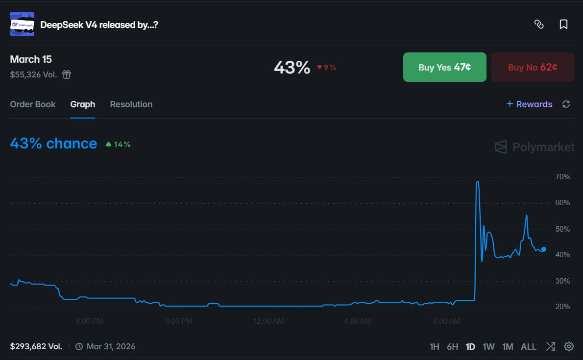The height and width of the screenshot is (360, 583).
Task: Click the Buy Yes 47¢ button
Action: coord(444,67)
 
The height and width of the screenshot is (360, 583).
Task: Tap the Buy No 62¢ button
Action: coord(533,67)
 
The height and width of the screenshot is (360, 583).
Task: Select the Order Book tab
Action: coord(33,104)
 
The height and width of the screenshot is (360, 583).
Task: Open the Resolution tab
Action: coord(131,104)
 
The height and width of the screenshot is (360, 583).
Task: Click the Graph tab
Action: coord(82,104)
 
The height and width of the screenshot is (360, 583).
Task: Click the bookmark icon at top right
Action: coord(563,24)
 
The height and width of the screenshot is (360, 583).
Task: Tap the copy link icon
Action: coord(539,24)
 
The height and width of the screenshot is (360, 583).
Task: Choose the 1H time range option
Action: coord(434,347)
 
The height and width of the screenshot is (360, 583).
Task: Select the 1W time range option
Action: coord(488,347)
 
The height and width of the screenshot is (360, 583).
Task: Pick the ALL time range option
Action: coord(528,347)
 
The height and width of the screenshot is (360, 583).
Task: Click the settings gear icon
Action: coord(569,347)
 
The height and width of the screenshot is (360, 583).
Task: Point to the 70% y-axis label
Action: coord(562,177)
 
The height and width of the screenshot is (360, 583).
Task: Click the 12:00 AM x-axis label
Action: coord(268,321)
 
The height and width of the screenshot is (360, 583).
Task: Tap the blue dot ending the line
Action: coord(544,249)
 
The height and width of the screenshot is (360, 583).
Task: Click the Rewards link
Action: coord(529,104)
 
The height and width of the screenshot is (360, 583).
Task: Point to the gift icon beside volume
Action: coord(67,74)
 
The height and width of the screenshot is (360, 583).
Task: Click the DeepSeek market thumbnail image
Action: coord(22,24)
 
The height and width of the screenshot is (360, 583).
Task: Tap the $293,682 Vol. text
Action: coord(36,347)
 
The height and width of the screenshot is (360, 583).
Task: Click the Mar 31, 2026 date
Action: coord(111,347)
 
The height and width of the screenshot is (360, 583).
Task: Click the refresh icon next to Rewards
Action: coord(566,104)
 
